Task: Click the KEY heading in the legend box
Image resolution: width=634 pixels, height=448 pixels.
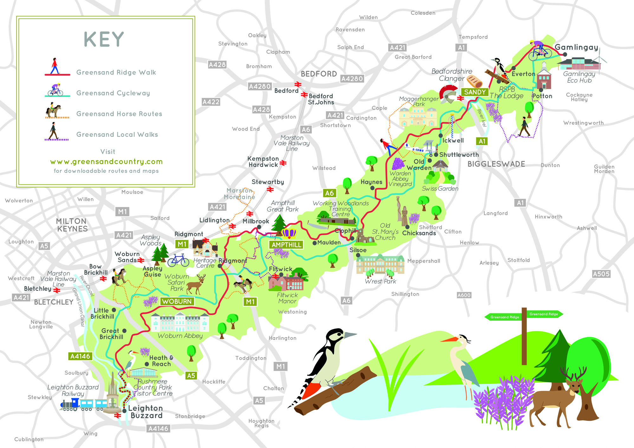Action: click(x=104, y=40)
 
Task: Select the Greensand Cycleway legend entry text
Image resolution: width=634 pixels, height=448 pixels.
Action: click(x=113, y=93)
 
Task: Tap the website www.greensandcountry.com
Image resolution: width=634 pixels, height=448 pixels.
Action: click(x=106, y=162)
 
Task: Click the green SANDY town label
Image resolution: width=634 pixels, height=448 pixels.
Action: click(x=475, y=92)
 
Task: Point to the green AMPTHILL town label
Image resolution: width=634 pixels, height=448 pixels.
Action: click(x=286, y=245)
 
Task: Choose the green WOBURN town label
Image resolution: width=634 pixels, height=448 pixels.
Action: click(x=177, y=301)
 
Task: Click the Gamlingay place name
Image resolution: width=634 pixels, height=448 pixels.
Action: click(x=576, y=47)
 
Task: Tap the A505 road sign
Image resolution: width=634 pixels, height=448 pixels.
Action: click(x=601, y=274)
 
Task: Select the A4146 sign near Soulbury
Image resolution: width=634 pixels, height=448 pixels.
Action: click(x=80, y=356)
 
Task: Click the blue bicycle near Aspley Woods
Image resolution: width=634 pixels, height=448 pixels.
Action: click(x=178, y=260)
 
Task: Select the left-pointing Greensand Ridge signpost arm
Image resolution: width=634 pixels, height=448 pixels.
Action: click(x=504, y=317)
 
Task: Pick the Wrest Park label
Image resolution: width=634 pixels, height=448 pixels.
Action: click(x=380, y=281)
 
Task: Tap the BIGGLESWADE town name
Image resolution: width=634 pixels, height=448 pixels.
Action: click(x=496, y=164)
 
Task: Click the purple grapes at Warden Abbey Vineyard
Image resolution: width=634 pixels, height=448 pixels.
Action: click(x=398, y=164)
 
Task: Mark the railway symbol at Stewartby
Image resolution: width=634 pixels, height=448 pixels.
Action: click(x=270, y=189)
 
